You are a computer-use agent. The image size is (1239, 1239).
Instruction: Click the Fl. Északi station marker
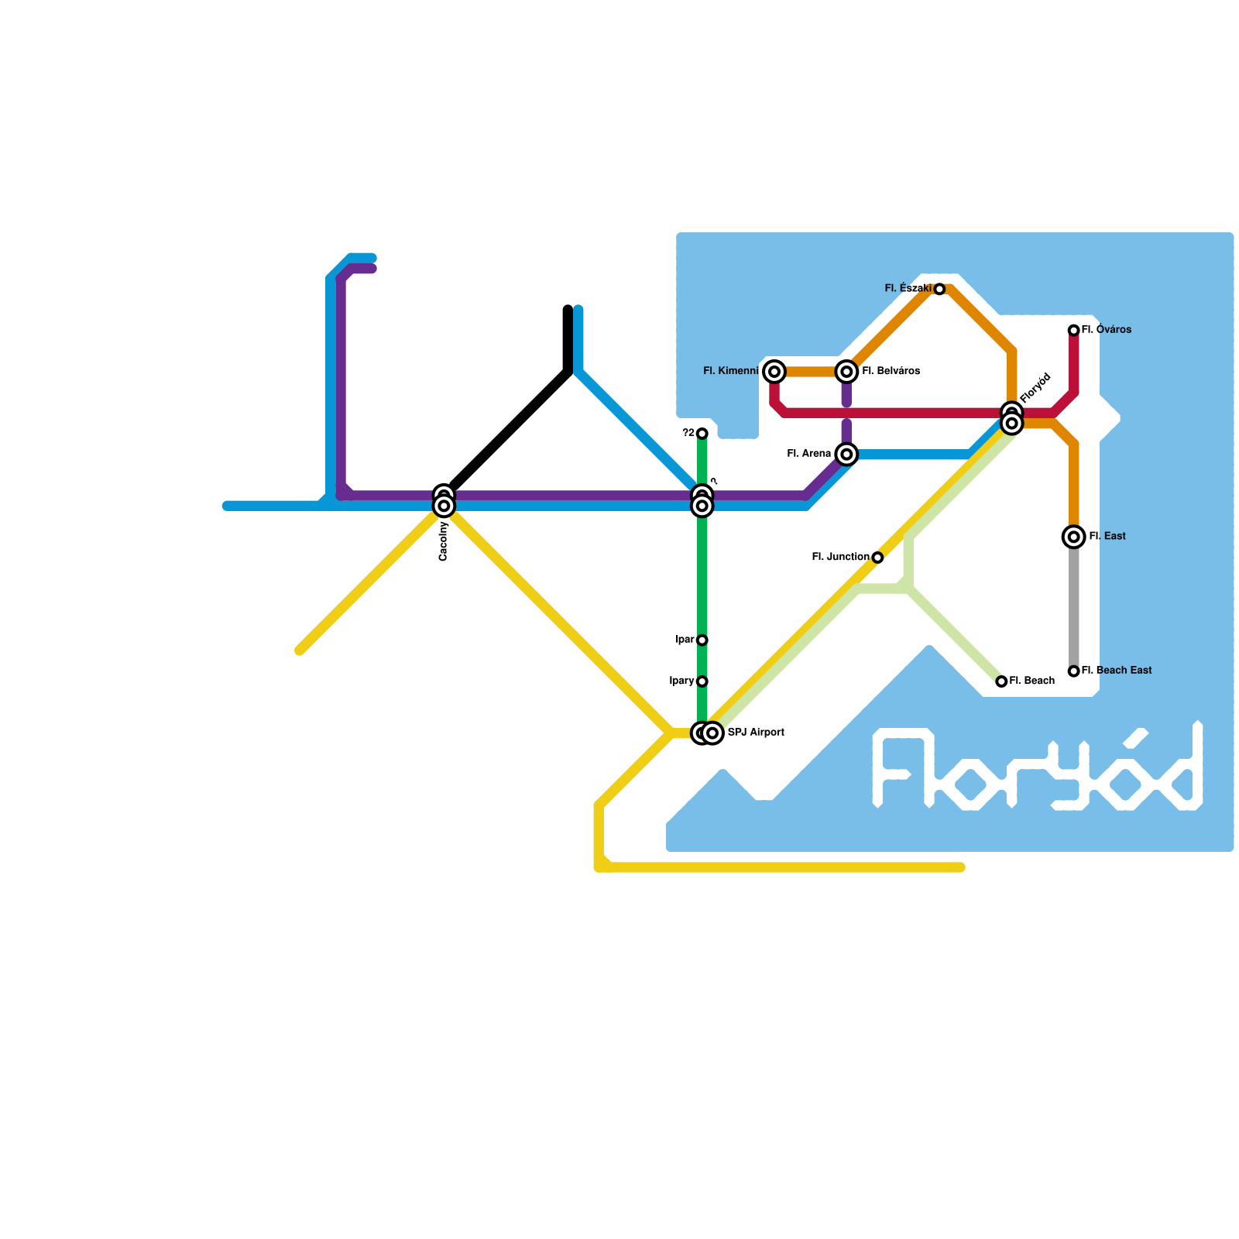click(939, 289)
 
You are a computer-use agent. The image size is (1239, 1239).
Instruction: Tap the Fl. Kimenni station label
click(730, 372)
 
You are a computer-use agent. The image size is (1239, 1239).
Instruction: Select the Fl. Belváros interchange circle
click(846, 372)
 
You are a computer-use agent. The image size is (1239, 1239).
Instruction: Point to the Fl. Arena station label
click(808, 454)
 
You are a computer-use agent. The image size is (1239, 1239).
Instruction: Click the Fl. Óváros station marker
click(1073, 331)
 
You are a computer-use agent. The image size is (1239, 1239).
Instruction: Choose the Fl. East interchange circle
click(1073, 537)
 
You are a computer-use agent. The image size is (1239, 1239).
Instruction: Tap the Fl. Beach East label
click(1116, 671)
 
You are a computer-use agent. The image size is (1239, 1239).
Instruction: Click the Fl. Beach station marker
click(1001, 681)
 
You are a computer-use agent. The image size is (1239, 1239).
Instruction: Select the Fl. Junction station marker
click(877, 558)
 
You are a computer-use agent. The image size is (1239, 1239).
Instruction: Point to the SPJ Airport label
click(756, 733)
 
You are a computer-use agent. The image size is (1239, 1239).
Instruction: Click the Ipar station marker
click(702, 640)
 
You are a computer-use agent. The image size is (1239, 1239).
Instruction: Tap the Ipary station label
click(681, 681)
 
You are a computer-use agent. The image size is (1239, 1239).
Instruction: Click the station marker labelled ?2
click(702, 434)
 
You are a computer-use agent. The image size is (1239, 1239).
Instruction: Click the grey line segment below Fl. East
click(1073, 604)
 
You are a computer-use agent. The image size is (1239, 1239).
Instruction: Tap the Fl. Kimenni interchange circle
click(774, 372)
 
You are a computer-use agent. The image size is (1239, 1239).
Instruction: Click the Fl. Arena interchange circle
click(846, 454)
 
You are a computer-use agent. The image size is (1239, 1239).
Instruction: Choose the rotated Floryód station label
click(1035, 388)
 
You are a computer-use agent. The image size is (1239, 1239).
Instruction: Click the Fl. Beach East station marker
click(1073, 671)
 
